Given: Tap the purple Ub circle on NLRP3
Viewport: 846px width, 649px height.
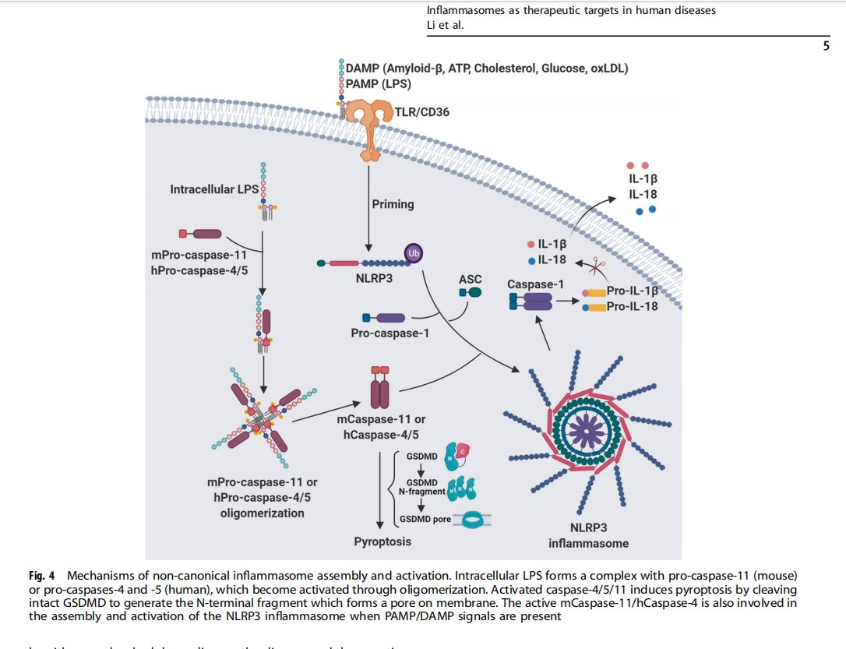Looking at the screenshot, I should click(413, 252).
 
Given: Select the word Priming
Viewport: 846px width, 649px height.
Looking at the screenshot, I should click(393, 204).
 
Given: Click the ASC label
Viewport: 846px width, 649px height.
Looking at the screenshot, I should click(471, 279).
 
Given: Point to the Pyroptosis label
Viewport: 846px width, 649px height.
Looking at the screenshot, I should click(382, 541).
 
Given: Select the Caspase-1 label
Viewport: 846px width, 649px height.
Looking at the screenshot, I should click(535, 284).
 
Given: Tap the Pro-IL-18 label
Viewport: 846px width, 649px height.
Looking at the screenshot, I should click(632, 306).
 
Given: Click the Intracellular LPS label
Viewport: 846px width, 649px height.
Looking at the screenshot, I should click(214, 189).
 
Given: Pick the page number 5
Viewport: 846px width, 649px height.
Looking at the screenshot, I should click(826, 46).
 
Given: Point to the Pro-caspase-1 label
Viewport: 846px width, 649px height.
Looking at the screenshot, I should click(390, 333).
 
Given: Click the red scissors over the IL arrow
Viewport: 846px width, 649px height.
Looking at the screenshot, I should click(597, 266).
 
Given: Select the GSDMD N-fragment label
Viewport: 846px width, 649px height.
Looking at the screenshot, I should click(421, 488).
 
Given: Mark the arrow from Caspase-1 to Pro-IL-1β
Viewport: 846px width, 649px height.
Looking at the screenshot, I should click(567, 300).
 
